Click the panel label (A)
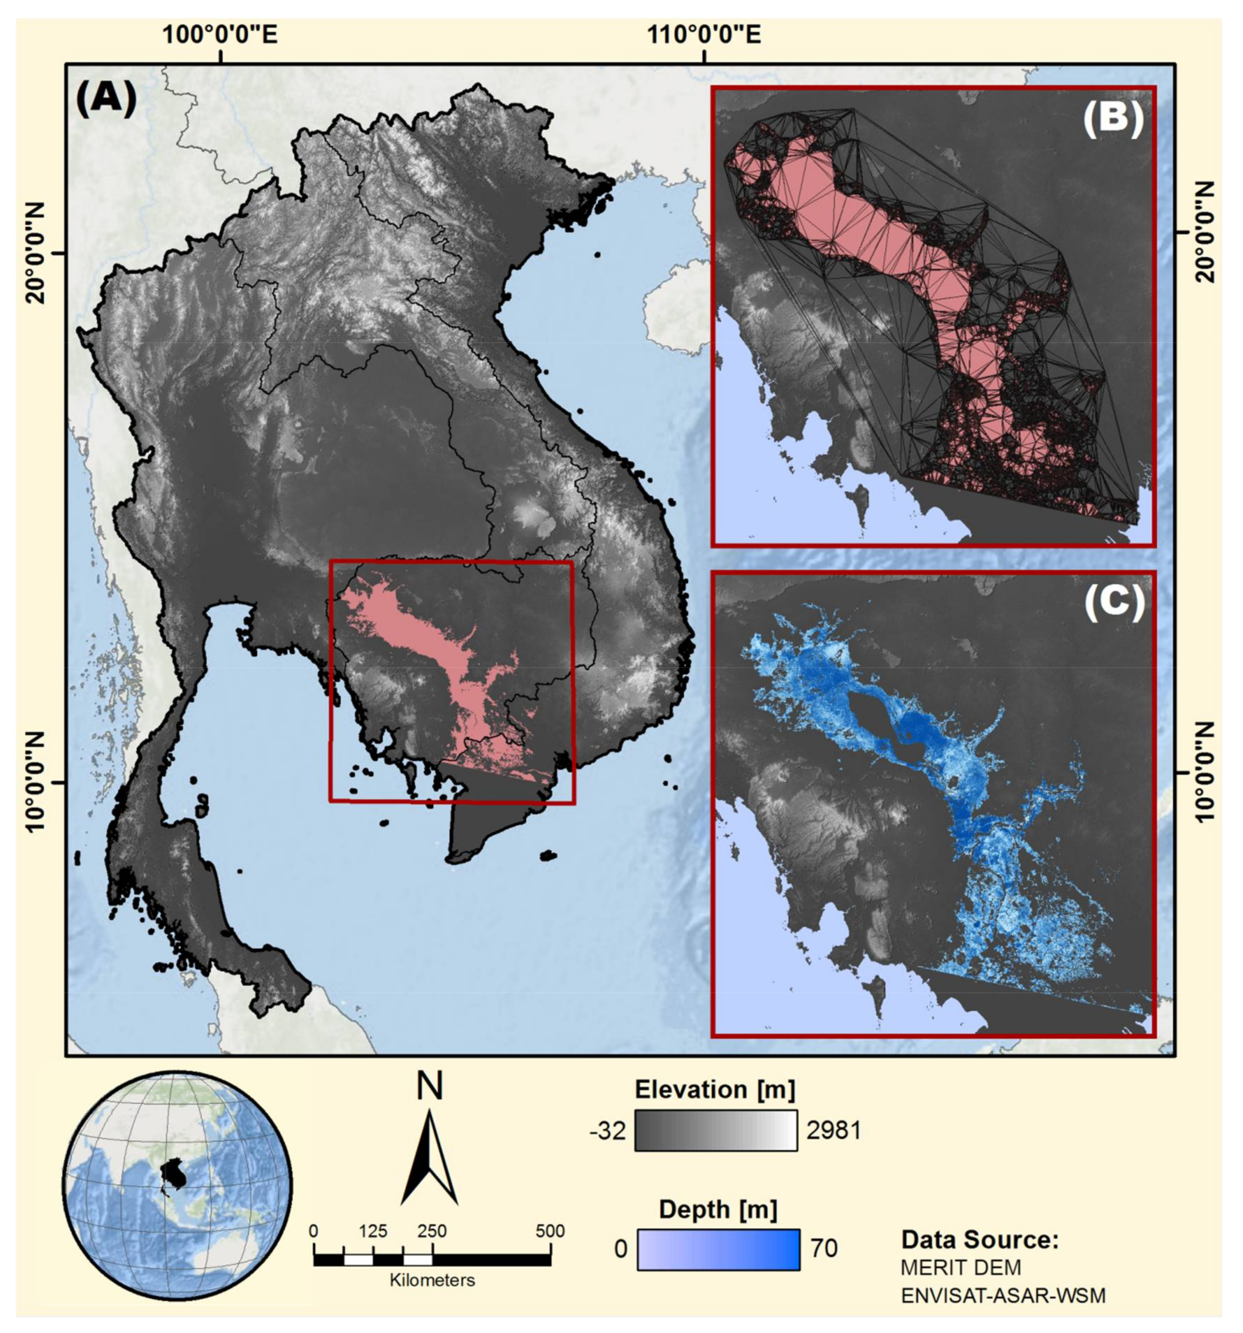click(x=106, y=98)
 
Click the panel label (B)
click(x=1113, y=121)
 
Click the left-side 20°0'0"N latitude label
click(x=35, y=254)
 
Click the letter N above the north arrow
click(x=429, y=1088)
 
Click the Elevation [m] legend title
click(x=715, y=1090)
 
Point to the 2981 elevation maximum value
click(x=833, y=1131)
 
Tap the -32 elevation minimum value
click(x=607, y=1131)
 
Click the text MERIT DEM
click(x=961, y=1267)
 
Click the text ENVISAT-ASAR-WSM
click(x=1002, y=1295)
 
